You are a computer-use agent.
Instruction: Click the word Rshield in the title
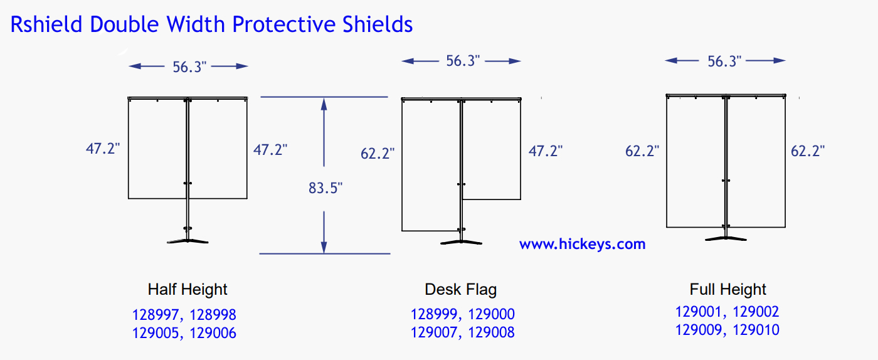[46, 24]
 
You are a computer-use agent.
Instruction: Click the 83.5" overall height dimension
[325, 188]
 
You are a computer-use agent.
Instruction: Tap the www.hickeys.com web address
[582, 245]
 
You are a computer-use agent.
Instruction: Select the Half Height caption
[188, 290]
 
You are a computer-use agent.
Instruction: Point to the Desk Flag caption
[460, 290]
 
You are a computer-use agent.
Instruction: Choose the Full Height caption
[727, 290]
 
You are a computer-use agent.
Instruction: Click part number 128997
[156, 315]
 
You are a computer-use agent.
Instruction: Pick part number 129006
[213, 333]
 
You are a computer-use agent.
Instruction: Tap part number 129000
[491, 314]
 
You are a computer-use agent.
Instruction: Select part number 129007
[433, 332]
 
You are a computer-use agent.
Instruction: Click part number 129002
[756, 312]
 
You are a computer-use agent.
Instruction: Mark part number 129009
[699, 330]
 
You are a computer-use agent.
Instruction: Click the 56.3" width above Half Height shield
[189, 67]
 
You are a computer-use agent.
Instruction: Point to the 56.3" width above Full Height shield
[724, 61]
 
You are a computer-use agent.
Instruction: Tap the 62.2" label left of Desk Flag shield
[378, 153]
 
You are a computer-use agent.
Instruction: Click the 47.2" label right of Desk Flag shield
[545, 151]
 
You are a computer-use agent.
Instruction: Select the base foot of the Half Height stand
[188, 241]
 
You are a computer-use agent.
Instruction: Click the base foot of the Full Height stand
[726, 238]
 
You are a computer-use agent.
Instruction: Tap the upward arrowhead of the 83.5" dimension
[324, 103]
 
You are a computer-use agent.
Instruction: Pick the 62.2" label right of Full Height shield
[808, 151]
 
